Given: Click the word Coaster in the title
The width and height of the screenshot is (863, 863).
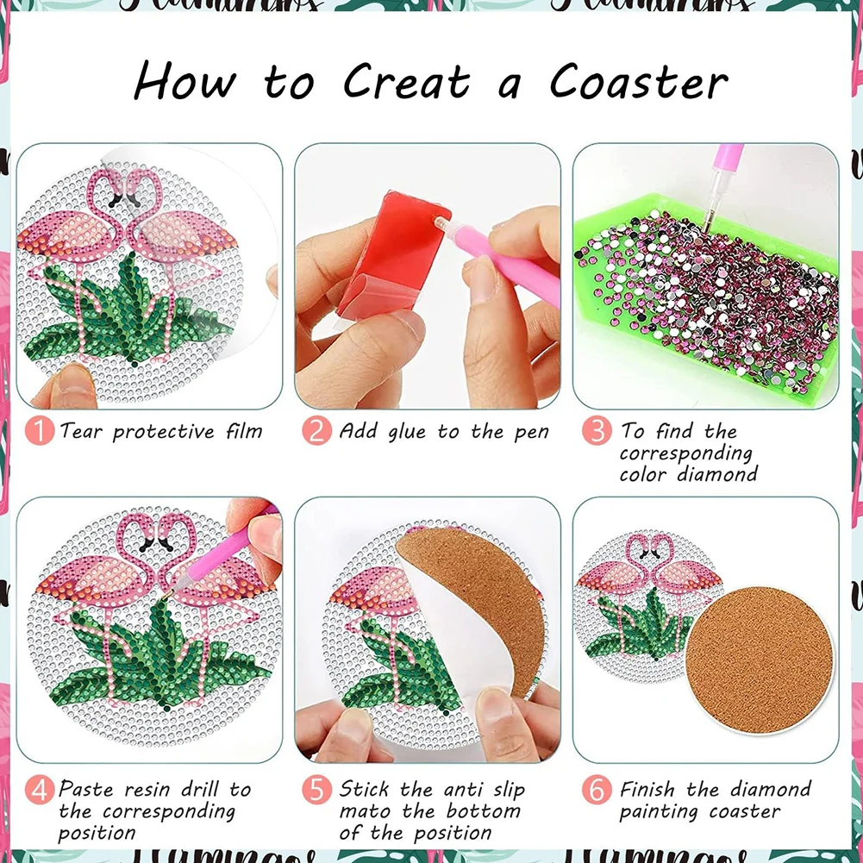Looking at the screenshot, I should click(639, 82).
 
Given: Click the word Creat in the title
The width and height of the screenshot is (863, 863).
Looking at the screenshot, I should click(407, 82).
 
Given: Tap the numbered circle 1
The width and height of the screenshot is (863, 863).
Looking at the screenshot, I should click(39, 430).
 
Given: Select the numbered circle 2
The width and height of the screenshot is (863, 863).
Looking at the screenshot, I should click(316, 430).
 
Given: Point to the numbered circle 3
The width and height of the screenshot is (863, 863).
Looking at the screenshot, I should click(597, 430).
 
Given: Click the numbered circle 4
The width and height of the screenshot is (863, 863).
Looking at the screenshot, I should click(39, 789).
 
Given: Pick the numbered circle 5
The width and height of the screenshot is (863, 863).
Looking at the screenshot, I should click(316, 789).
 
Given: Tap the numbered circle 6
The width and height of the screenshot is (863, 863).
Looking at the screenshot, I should click(597, 789).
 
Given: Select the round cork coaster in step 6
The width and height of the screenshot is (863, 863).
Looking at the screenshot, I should click(760, 654).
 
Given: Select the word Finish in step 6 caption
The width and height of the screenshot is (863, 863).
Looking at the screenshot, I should click(649, 789).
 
